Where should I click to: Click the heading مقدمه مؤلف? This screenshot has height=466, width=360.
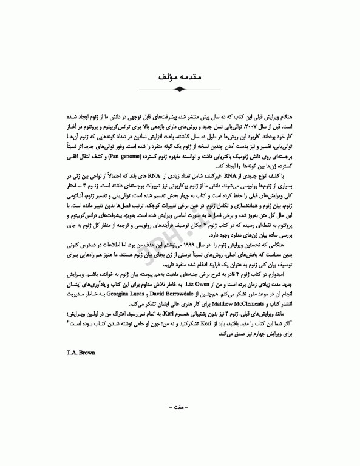pyautogui.click(x=179, y=77)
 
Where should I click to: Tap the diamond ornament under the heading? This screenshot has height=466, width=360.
pyautogui.click(x=179, y=89)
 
